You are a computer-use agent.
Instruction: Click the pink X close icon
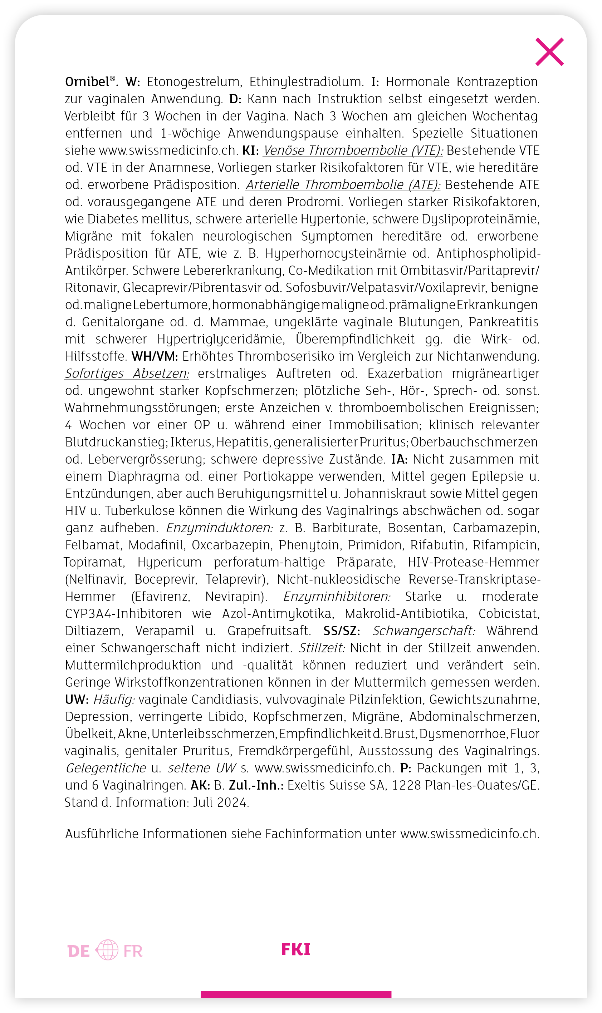coord(549,52)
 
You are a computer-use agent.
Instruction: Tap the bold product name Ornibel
coord(88,82)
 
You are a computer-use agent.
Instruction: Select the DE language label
coord(79,952)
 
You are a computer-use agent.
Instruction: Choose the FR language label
coord(133,952)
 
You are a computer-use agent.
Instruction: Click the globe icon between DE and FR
coord(107,950)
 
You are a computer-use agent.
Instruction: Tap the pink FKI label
coord(296,950)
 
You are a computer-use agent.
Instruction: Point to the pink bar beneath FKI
coord(296,995)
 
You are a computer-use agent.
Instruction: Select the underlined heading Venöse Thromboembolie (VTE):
coord(353,151)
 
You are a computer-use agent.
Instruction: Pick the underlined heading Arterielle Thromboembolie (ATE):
coord(343,185)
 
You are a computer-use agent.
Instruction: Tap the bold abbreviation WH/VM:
coord(155,357)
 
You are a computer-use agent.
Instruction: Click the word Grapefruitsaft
coord(269,631)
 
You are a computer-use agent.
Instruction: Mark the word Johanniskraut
coord(385,494)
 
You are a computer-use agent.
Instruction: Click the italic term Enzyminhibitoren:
coord(337,597)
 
